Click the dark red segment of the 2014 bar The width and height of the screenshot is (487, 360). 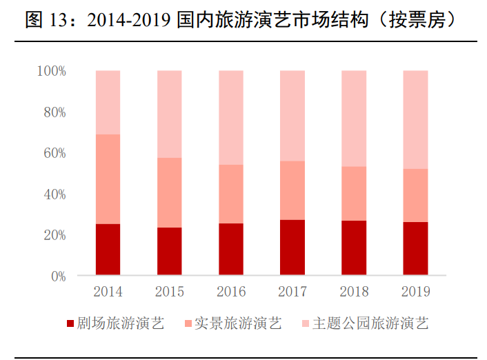[x=108, y=250]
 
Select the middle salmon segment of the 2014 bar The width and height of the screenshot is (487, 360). [x=108, y=179]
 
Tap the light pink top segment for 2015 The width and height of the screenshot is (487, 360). [x=169, y=114]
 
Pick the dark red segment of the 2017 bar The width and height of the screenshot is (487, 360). [x=292, y=248]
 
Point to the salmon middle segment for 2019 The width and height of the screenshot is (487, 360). [x=415, y=195]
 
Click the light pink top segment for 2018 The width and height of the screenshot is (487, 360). [x=354, y=118]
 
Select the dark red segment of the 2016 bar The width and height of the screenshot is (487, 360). [x=230, y=249]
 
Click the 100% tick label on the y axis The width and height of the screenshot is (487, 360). [x=52, y=71]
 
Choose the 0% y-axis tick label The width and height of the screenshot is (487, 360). [x=57, y=276]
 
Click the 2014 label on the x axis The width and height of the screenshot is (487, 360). [x=108, y=292]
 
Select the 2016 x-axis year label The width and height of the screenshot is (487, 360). [x=230, y=292]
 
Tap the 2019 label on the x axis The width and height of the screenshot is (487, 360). [x=415, y=292]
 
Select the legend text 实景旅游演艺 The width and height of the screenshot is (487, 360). [x=238, y=323]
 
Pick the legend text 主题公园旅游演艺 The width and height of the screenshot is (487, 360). [x=370, y=323]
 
